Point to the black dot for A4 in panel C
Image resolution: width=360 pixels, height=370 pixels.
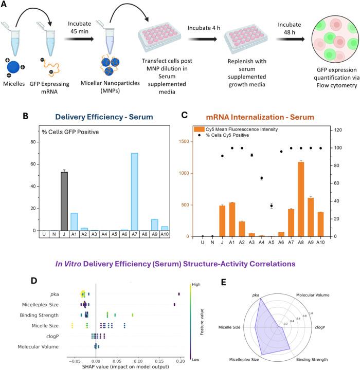click(262, 178)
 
